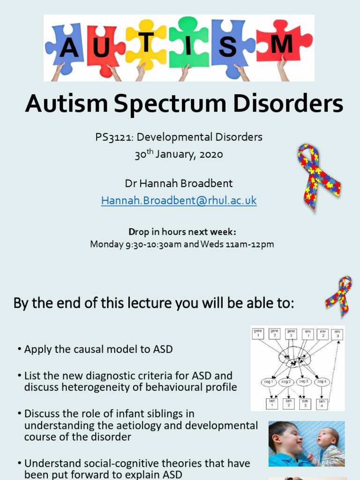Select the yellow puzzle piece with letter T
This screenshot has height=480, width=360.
coord(146,44)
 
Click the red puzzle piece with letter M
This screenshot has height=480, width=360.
coord(284,45)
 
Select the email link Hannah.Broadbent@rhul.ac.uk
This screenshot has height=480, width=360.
coord(179,201)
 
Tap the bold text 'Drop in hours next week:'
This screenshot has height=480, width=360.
coord(182,232)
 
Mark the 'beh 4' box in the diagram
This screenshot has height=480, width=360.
coord(322,404)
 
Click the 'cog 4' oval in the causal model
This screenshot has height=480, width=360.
coord(322,382)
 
